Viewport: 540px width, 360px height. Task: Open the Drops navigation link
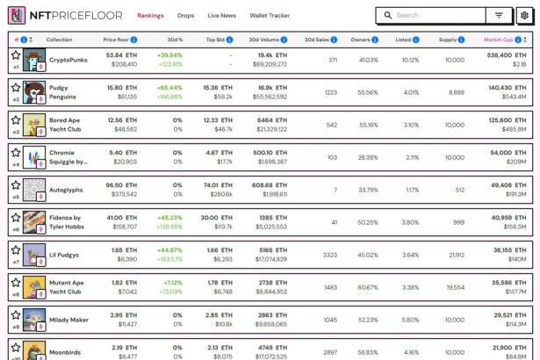[185, 16]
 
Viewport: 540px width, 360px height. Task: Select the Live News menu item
[221, 16]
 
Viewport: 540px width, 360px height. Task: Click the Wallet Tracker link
[270, 16]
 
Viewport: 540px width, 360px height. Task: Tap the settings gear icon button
[524, 15]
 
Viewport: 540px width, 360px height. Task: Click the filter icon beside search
[499, 15]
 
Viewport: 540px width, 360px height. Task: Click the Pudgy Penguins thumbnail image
[34, 92]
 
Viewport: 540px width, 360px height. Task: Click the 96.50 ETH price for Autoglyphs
[120, 185]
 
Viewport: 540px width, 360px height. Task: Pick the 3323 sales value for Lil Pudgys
[329, 255]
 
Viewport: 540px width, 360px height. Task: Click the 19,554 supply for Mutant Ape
[455, 287]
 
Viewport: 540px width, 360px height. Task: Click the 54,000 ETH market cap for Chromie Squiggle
[500, 153]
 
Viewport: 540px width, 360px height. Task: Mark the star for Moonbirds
[16, 348]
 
